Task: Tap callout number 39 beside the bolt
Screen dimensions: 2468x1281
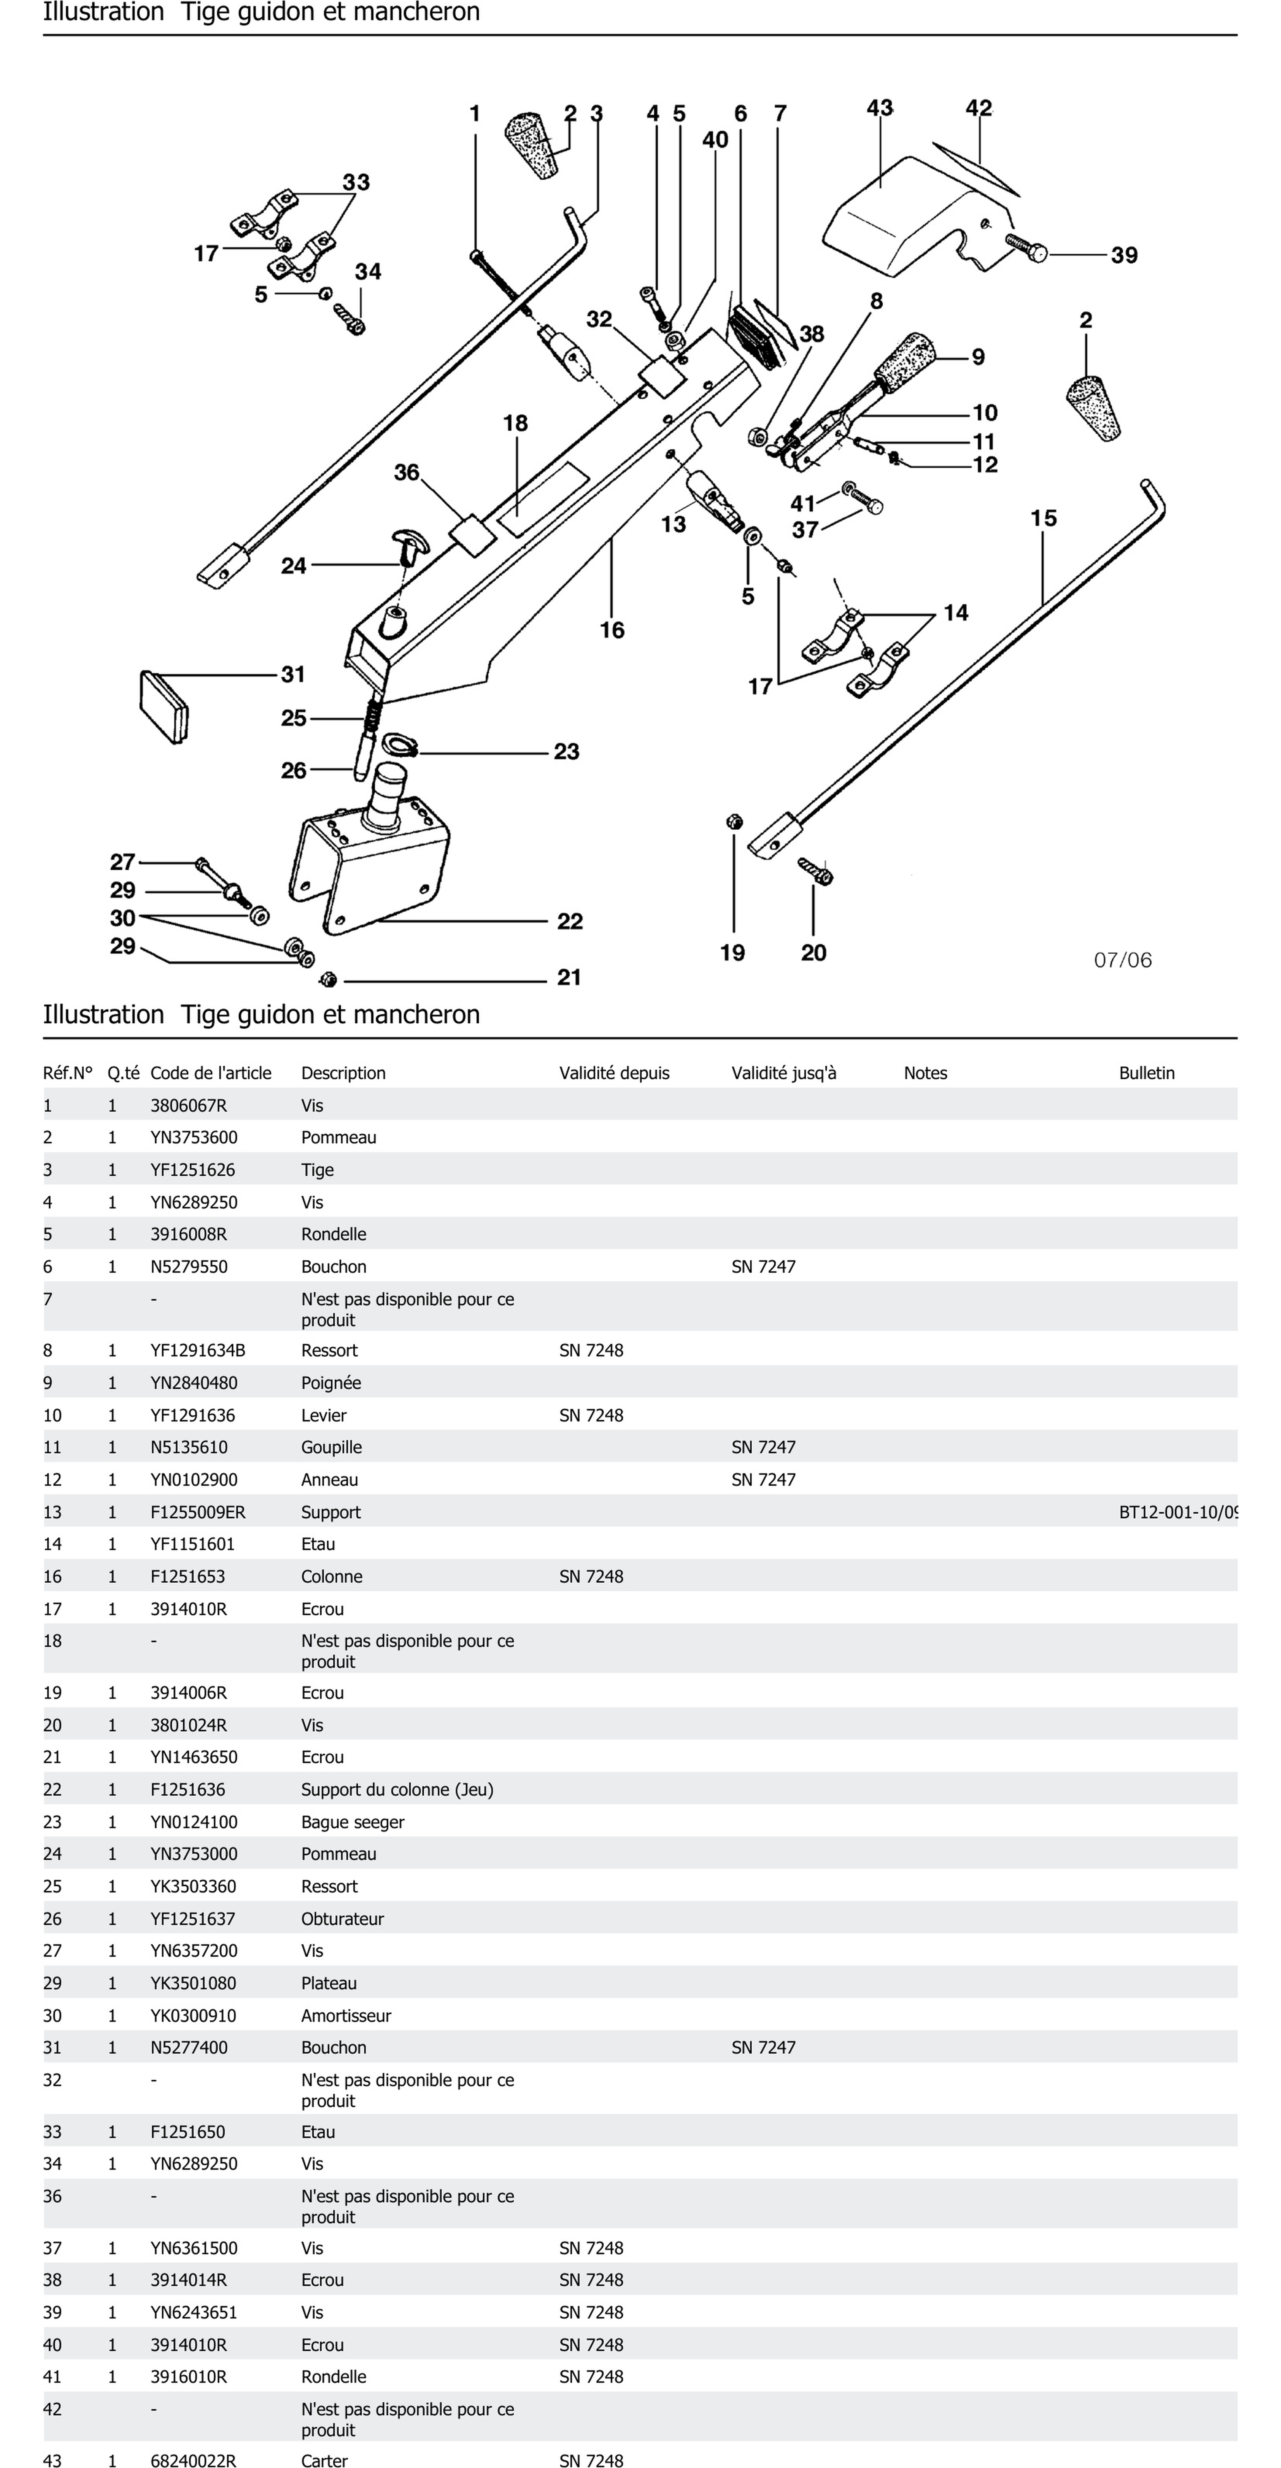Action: (x=1124, y=256)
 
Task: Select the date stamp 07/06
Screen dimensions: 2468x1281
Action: (x=1123, y=960)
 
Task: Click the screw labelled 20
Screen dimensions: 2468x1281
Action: (x=815, y=870)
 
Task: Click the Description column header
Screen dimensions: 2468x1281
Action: (x=343, y=1073)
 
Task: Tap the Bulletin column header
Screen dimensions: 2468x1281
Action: (x=1146, y=1073)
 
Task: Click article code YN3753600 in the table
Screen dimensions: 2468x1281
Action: (x=193, y=1137)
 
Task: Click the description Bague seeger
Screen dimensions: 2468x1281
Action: (x=353, y=1821)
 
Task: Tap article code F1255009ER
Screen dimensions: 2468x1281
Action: (x=197, y=1512)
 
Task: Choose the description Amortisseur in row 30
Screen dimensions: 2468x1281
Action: (x=346, y=2015)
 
